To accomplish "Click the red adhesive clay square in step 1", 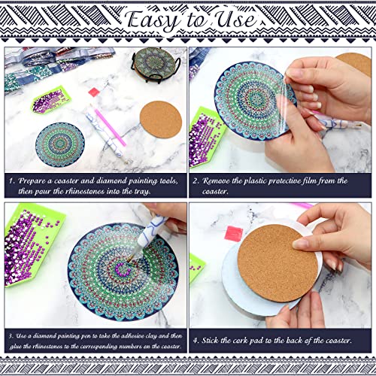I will (x=94, y=92).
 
